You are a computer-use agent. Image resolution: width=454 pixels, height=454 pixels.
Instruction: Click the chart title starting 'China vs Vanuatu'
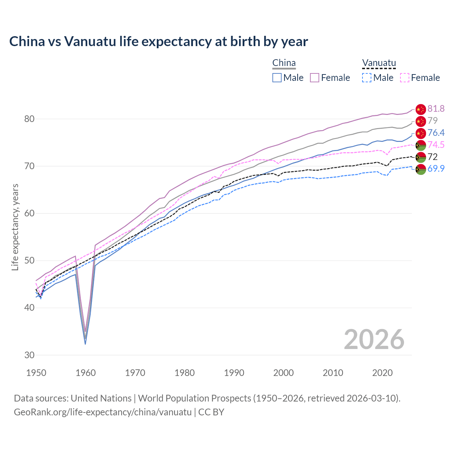159,41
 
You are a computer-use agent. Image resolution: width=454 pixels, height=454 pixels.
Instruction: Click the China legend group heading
284,63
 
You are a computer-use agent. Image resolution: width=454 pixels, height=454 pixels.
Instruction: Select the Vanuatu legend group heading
379,63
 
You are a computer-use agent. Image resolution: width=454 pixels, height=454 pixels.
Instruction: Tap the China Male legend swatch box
277,78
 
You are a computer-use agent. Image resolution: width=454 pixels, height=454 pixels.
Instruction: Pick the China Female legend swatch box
315,78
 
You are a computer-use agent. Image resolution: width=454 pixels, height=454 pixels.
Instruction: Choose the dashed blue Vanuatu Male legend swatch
367,78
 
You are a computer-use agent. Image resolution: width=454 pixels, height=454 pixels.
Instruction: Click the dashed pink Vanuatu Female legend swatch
405,78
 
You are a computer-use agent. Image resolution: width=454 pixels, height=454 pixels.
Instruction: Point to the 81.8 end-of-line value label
436,109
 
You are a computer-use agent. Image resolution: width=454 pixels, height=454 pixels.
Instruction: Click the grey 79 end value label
432,121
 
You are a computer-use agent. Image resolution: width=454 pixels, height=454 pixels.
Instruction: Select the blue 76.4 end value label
436,133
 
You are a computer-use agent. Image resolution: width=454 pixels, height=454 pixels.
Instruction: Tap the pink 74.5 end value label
436,145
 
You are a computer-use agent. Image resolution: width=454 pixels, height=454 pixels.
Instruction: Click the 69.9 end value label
436,168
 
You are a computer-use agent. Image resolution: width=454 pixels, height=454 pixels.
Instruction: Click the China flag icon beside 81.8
420,109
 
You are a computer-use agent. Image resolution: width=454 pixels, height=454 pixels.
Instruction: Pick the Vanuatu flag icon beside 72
420,157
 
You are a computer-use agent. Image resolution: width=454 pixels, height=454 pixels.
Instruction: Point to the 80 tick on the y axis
29,119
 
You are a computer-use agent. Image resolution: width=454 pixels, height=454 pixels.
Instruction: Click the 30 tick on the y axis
29,355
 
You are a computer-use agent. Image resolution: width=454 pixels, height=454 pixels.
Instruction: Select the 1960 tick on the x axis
86,373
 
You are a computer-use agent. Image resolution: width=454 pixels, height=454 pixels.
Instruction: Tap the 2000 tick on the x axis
283,373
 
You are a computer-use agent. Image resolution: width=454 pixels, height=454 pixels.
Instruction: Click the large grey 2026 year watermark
374,339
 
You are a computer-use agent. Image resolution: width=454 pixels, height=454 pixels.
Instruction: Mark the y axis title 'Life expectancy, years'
15,227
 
